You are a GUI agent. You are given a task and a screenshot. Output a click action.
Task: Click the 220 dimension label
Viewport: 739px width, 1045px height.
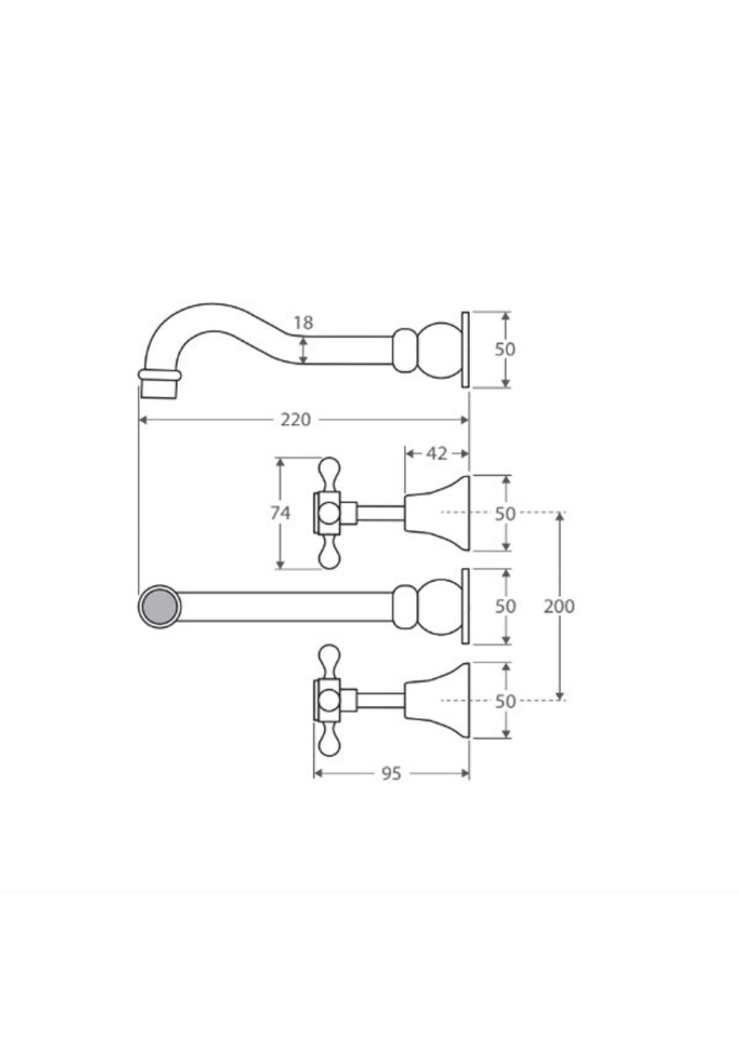295,420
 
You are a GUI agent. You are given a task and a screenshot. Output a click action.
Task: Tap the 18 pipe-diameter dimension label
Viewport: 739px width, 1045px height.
303,323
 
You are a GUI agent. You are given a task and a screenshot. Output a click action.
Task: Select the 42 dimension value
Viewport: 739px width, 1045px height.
436,454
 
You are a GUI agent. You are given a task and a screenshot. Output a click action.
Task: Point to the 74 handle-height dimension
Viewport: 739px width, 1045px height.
280,513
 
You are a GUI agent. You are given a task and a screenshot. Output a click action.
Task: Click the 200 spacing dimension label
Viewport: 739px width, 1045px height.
559,606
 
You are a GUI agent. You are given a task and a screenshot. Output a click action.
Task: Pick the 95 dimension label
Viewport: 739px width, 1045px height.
391,773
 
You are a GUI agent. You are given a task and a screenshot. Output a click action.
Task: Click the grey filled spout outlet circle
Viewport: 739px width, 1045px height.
159,607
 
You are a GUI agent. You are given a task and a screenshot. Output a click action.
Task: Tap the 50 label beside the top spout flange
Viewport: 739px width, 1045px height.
505,349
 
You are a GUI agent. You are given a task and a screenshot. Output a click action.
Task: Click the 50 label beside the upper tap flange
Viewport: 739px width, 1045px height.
505,514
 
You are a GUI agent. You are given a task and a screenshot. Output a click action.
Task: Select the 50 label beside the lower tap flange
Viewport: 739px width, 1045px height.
505,701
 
